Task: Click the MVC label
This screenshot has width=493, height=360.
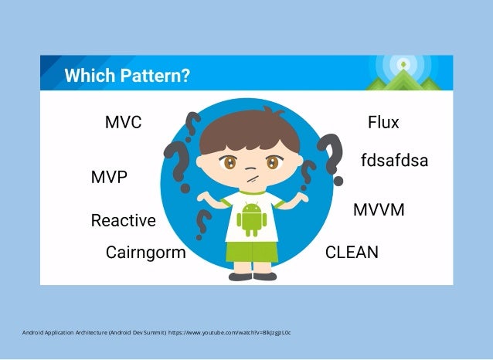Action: click(123, 123)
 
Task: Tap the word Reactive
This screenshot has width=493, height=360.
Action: click(123, 221)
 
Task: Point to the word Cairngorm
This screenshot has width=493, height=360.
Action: click(145, 253)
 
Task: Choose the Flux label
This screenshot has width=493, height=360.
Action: click(383, 123)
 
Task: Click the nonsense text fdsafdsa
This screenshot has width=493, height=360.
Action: click(394, 161)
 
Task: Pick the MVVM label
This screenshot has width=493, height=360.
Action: click(379, 210)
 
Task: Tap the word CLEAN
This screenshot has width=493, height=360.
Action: click(352, 253)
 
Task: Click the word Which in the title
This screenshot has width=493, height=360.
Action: click(87, 76)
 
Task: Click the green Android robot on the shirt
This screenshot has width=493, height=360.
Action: click(251, 219)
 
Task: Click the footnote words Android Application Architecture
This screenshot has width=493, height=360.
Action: click(62, 333)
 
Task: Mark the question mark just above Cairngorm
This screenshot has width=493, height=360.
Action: click(203, 224)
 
